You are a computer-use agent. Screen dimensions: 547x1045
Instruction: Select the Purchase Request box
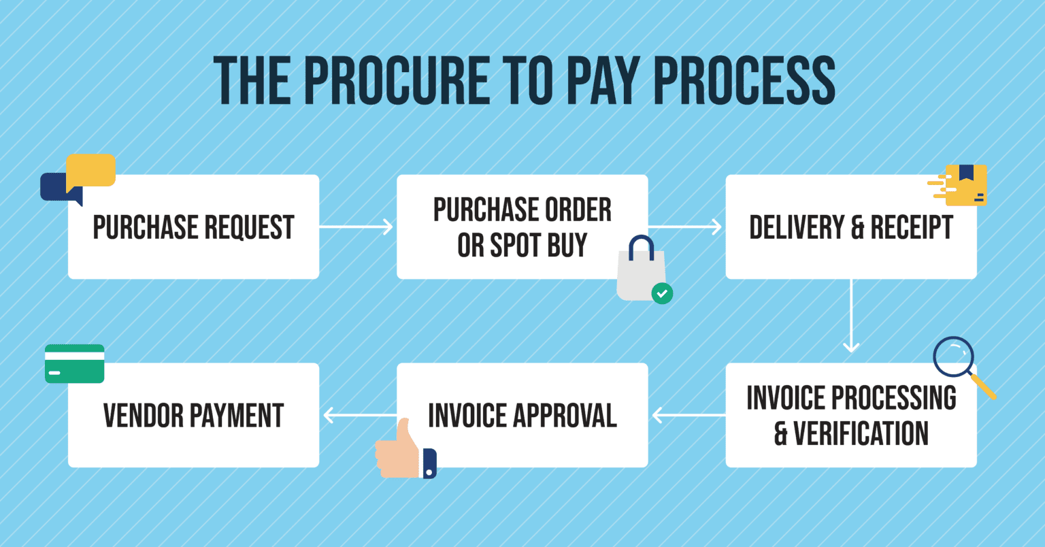[x=193, y=227]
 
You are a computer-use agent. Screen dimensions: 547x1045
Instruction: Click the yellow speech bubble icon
[x=91, y=170]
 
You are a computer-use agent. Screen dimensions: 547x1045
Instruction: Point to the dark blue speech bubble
[x=54, y=187]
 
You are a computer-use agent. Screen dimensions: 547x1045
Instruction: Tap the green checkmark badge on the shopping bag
[x=662, y=293]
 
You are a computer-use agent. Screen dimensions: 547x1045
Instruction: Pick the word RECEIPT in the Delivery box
[x=912, y=227]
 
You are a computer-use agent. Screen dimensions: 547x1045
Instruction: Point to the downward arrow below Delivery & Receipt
[x=851, y=316]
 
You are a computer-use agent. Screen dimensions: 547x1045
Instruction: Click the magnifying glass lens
[x=953, y=357]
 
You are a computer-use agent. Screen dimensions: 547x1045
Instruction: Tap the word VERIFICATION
[x=861, y=433]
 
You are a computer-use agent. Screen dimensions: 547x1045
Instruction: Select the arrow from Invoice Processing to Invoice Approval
[x=688, y=415]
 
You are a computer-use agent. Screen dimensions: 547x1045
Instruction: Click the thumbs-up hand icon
[x=401, y=450]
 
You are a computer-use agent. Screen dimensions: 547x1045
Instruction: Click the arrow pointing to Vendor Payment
[x=359, y=415]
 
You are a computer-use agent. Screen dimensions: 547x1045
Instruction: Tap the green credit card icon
[x=75, y=364]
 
